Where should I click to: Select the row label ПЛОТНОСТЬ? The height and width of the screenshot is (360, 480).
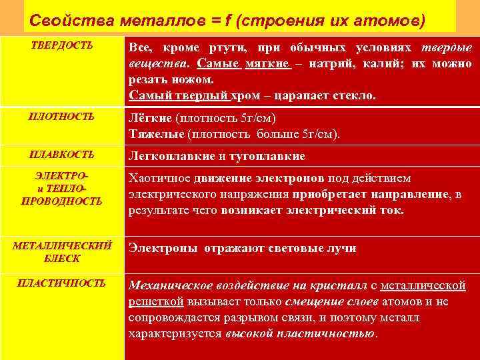click(62, 117)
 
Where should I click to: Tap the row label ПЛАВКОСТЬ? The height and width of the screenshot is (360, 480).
click(62, 155)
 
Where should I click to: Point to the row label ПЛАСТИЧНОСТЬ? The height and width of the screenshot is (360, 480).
click(62, 283)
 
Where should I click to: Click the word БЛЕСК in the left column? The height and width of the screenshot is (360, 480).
click(62, 257)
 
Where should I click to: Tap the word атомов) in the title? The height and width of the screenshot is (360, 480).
click(393, 20)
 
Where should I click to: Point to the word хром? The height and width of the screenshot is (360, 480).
click(244, 95)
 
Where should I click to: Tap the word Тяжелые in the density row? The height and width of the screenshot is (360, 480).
click(157, 133)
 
